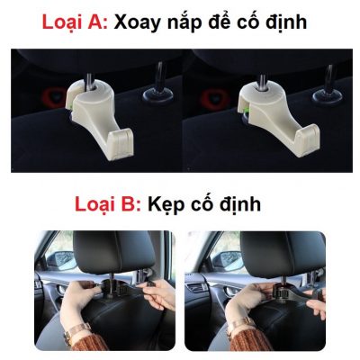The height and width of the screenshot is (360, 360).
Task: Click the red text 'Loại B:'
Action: tap(105, 204)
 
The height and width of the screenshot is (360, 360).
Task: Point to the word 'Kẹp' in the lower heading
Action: tap(167, 205)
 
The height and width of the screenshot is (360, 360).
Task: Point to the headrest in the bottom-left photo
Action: tap(99, 256)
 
